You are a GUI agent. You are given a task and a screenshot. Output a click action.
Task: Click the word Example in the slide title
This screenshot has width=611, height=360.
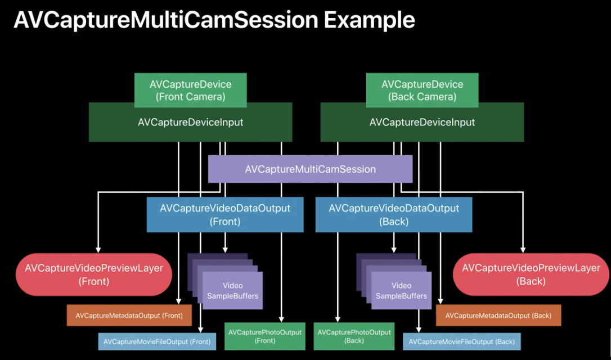(x=369, y=20)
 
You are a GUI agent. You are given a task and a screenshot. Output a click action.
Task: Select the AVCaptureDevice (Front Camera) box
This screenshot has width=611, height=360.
(x=190, y=91)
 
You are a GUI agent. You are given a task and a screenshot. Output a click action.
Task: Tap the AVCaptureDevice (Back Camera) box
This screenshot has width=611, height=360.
(x=422, y=91)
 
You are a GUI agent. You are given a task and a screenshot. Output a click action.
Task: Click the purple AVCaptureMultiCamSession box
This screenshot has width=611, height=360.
(x=310, y=169)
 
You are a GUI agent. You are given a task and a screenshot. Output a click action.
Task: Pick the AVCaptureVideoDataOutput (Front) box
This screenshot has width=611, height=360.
(x=225, y=214)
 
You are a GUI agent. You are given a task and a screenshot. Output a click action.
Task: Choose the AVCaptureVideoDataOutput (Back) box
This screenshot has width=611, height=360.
(x=394, y=214)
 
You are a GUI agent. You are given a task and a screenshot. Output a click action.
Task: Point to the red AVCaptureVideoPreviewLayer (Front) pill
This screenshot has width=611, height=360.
(x=94, y=274)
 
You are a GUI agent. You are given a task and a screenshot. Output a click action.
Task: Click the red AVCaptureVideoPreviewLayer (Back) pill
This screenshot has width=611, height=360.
(x=531, y=274)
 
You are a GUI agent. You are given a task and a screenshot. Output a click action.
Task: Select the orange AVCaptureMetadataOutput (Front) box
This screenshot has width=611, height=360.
(x=129, y=316)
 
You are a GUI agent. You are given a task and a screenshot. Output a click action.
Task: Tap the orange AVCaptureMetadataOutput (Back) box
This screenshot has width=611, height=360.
(x=498, y=316)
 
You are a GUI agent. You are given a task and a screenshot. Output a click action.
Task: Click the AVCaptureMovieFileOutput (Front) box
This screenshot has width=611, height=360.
(x=157, y=341)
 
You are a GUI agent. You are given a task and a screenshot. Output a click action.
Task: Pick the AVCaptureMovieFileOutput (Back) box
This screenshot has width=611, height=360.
(x=461, y=341)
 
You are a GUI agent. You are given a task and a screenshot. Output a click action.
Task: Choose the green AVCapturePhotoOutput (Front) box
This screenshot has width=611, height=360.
(x=265, y=336)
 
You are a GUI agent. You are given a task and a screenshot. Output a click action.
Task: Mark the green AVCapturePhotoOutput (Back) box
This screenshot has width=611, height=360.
(x=354, y=336)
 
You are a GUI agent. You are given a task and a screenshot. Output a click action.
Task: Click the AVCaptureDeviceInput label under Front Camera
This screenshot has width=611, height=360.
(x=190, y=122)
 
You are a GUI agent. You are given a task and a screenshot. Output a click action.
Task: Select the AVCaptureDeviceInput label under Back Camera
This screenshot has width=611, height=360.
(x=422, y=122)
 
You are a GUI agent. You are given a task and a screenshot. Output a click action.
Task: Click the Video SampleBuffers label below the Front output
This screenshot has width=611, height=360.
(x=232, y=291)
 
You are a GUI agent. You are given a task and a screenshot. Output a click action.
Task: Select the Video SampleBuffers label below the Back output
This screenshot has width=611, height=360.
(x=401, y=291)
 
